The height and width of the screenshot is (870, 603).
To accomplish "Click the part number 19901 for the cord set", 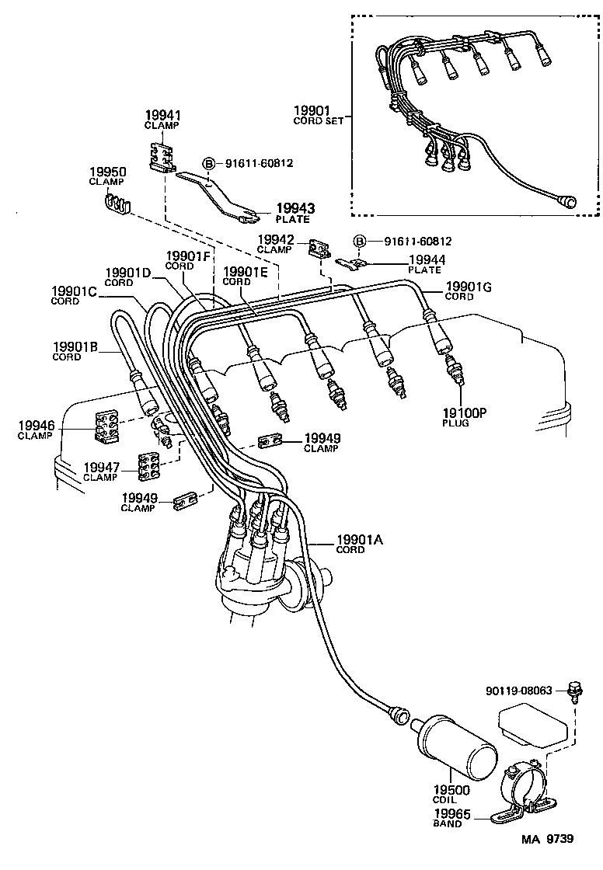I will pyautogui.click(x=314, y=110).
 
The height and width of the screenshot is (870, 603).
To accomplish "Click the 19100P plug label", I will pyautogui.click(x=465, y=413).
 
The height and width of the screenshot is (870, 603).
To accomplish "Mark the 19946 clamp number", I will pyautogui.click(x=37, y=425).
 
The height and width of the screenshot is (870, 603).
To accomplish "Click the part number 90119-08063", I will pyautogui.click(x=519, y=688).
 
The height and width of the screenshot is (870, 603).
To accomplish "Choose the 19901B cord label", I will pyautogui.click(x=75, y=346).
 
